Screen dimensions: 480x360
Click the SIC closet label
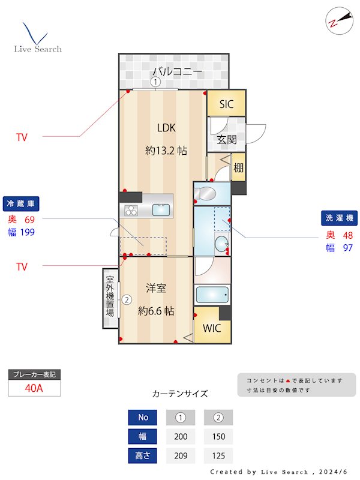click(x=226, y=104)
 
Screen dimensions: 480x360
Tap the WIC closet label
click(x=212, y=328)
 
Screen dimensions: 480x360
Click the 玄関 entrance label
click(x=226, y=140)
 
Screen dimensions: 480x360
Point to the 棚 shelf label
click(x=239, y=167)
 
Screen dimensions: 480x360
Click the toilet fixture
click(x=206, y=193)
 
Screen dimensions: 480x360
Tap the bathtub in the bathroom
click(x=212, y=295)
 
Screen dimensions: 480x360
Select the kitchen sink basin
click(x=161, y=210)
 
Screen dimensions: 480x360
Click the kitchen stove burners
click(x=131, y=210)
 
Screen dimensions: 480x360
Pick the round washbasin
click(x=221, y=244)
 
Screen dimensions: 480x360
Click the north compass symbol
click(x=335, y=22)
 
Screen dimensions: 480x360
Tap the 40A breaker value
click(x=34, y=388)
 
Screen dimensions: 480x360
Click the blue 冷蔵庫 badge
click(x=21, y=204)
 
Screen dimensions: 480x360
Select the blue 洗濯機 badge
click(x=338, y=218)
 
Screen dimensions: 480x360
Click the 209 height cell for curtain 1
click(x=180, y=455)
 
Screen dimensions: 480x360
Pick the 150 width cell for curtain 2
click(x=218, y=436)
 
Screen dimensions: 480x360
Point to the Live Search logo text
click(x=38, y=49)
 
